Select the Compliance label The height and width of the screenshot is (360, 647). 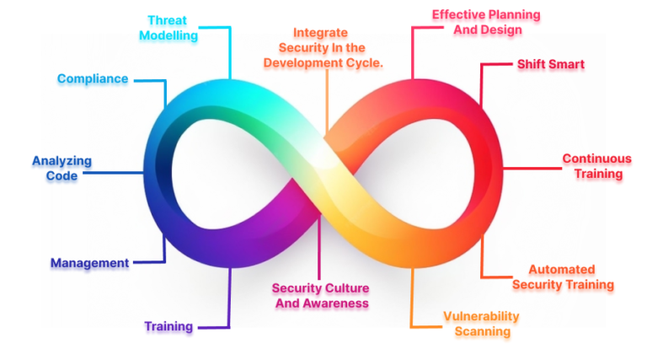click(93, 78)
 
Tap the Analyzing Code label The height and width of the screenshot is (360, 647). click(61, 168)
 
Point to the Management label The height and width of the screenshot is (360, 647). click(89, 263)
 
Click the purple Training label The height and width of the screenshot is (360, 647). click(168, 326)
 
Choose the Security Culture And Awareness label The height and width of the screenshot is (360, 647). click(321, 295)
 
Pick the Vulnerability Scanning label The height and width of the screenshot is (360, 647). click(481, 324)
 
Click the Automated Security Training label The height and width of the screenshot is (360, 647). click(562, 277)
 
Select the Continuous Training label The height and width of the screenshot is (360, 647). click(596, 166)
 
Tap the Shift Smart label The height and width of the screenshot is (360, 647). click(550, 64)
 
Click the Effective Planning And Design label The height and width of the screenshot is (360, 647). click(486, 23)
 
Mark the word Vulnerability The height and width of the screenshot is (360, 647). click(481, 316)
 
